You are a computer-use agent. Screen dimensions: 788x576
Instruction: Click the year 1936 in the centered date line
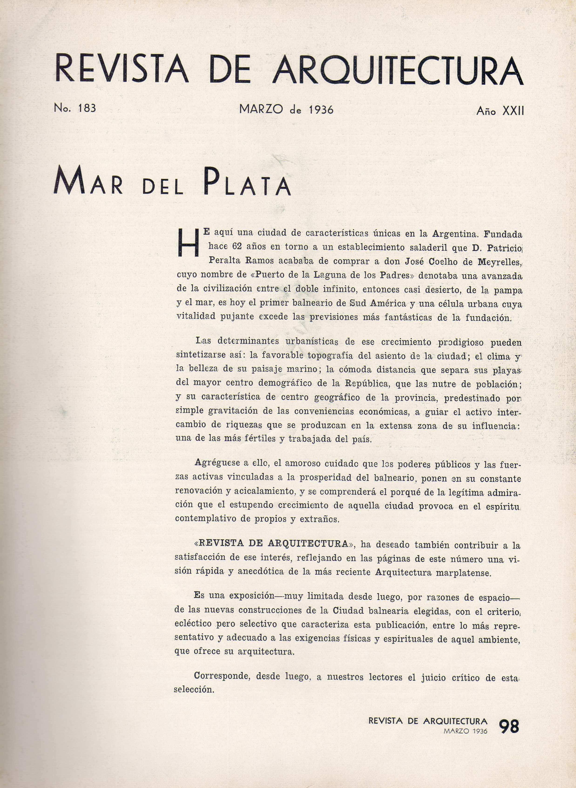321,110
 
